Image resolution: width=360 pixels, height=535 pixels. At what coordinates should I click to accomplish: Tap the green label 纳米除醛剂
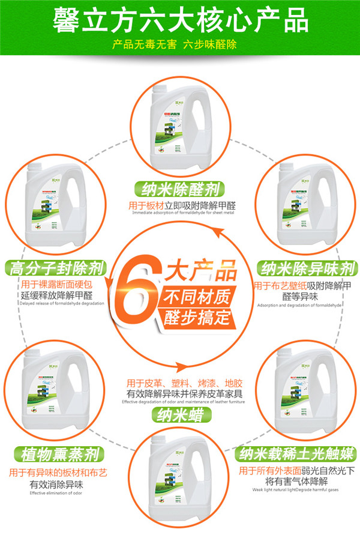pos(180,190)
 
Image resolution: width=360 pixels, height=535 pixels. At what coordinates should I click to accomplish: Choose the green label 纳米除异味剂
pos(307,268)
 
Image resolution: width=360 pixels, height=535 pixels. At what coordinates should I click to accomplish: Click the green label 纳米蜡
pos(180,414)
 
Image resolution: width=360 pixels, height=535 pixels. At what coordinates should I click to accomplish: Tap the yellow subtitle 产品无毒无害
pos(142,45)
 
